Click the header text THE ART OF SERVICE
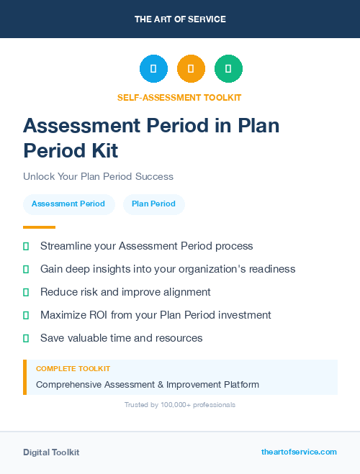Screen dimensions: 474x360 [x=180, y=19]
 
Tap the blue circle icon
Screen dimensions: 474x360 [x=153, y=69]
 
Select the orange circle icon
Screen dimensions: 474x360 [x=191, y=69]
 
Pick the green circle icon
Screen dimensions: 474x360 [x=228, y=69]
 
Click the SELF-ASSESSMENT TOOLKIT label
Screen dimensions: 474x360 [x=179, y=97]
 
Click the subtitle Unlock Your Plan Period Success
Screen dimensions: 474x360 [x=98, y=176]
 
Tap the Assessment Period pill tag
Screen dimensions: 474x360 [x=68, y=204]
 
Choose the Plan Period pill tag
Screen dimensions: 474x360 [x=153, y=204]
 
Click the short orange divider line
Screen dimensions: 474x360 [x=39, y=227]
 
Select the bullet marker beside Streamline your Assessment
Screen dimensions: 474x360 [x=26, y=246]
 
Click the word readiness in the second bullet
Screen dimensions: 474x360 [x=269, y=269]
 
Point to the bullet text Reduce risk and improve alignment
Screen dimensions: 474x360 [x=125, y=292]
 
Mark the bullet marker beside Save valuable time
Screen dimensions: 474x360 [x=26, y=338]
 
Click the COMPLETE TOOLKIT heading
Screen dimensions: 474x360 [x=73, y=368]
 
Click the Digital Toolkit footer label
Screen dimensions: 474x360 [x=51, y=452]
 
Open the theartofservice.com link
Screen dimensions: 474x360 [x=299, y=452]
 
